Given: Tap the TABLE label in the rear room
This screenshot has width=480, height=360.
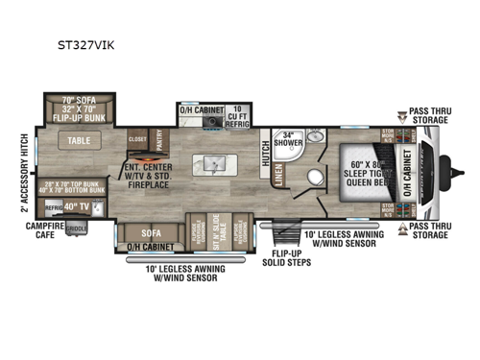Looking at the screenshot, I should click(x=80, y=140).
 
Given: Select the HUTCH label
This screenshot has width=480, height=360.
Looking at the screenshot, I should click(x=265, y=153).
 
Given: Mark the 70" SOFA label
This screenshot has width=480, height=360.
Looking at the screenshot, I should click(x=80, y=99).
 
